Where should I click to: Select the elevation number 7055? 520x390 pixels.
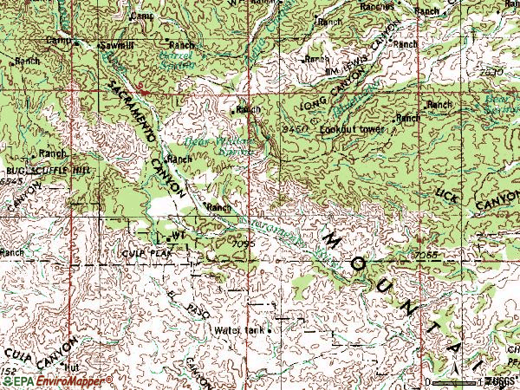[x=425, y=256]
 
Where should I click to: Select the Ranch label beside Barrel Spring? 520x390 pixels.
[x=182, y=44]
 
